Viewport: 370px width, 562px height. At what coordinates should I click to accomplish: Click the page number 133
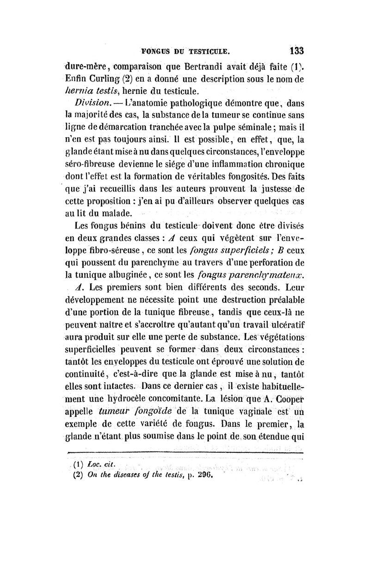click(294, 50)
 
